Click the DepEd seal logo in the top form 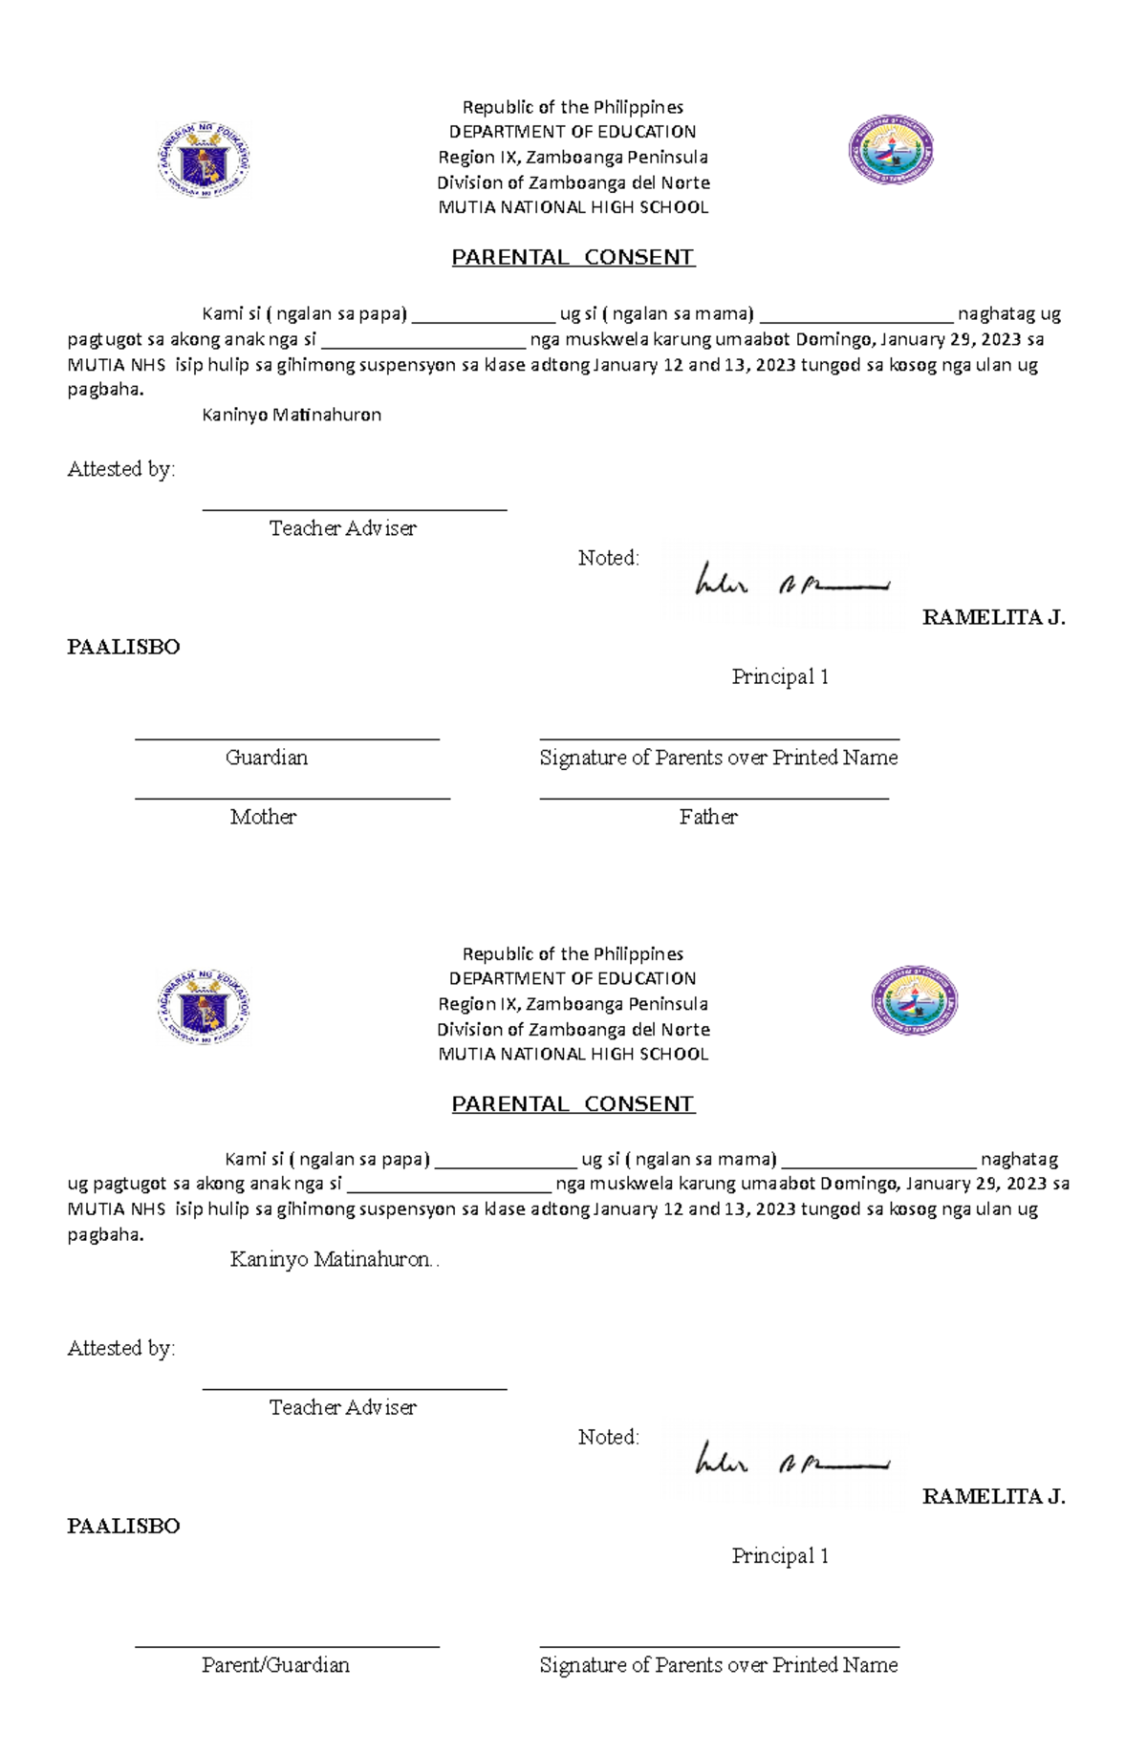pos(204,160)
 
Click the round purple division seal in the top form pos(891,150)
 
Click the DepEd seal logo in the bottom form pos(204,1005)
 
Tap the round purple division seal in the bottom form pos(914,1000)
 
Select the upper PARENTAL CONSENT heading pos(573,257)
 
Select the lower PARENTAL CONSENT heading pos(573,1103)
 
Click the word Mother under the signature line pos(263,817)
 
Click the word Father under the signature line pos(708,817)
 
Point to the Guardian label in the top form pos(267,758)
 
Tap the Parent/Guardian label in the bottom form pos(275,1665)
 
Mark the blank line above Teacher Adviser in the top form pos(354,510)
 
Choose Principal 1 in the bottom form pos(780,1555)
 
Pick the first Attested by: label pos(121,469)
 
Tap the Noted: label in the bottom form pos(608,1437)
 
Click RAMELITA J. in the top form pos(993,617)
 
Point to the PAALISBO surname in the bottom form pos(123,1526)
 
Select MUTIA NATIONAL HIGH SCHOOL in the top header pos(573,207)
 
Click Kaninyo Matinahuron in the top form pos(292,415)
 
